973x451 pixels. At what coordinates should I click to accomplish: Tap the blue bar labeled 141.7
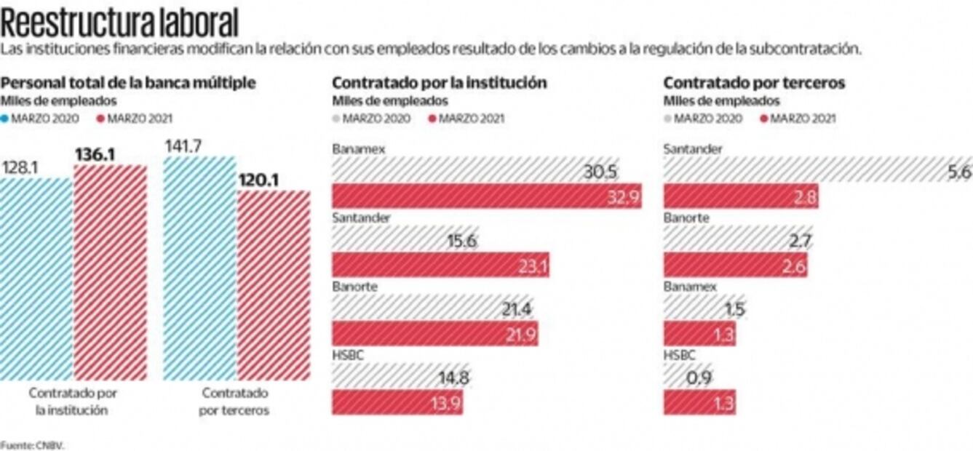[x=200, y=269]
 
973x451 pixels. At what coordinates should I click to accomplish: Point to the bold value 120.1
[x=260, y=180]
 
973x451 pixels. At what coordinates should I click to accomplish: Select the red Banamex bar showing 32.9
[x=486, y=196]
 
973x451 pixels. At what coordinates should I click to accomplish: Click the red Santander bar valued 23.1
[x=440, y=266]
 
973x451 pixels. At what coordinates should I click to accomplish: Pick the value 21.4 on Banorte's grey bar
[x=517, y=309]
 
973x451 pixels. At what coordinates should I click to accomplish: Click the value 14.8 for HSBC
[x=453, y=378]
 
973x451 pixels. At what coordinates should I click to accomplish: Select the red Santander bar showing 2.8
[x=740, y=196]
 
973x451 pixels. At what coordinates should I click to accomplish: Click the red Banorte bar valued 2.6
[x=735, y=266]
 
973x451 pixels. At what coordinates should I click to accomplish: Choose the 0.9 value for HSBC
[x=699, y=378]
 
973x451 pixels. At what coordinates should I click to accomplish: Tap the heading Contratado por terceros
[x=754, y=83]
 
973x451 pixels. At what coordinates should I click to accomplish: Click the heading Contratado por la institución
[x=439, y=83]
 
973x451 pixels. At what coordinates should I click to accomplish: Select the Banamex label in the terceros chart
[x=690, y=287]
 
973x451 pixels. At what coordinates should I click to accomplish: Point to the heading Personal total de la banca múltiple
[x=128, y=83]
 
